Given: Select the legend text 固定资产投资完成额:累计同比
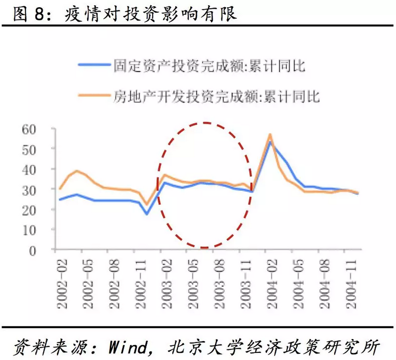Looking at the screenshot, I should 209,65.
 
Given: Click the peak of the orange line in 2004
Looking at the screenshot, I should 270,134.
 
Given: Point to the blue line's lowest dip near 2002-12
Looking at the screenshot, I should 147,214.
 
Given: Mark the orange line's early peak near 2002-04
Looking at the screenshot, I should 77,171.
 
